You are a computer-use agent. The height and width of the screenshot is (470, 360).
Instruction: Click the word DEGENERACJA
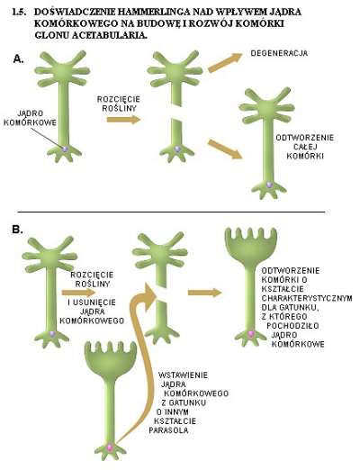(279, 53)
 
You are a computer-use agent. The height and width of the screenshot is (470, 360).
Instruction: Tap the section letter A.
(18, 59)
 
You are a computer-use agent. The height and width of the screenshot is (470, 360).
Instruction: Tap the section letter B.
(17, 230)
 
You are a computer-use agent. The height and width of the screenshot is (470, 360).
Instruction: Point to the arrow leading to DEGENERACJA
(225, 62)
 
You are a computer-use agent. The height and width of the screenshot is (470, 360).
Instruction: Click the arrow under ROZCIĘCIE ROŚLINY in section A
(123, 120)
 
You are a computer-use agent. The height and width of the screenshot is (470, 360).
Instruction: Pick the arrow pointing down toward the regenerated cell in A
(225, 149)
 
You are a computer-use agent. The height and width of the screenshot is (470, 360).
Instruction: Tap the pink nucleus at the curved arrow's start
(110, 447)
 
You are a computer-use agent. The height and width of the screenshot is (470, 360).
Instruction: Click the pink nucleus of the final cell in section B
(251, 333)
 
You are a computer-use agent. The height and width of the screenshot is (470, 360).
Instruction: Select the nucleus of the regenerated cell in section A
(269, 185)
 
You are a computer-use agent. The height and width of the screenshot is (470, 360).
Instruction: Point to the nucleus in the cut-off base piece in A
(177, 149)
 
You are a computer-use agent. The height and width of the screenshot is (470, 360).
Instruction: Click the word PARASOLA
(169, 430)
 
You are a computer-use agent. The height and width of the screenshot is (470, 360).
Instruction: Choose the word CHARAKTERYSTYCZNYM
(307, 298)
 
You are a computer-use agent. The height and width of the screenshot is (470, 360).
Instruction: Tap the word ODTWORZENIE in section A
(305, 138)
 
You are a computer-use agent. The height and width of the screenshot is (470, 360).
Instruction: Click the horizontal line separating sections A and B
(171, 212)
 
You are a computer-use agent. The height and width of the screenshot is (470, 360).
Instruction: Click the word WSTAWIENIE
(183, 375)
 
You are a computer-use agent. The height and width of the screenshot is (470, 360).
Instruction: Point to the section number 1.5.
(19, 12)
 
